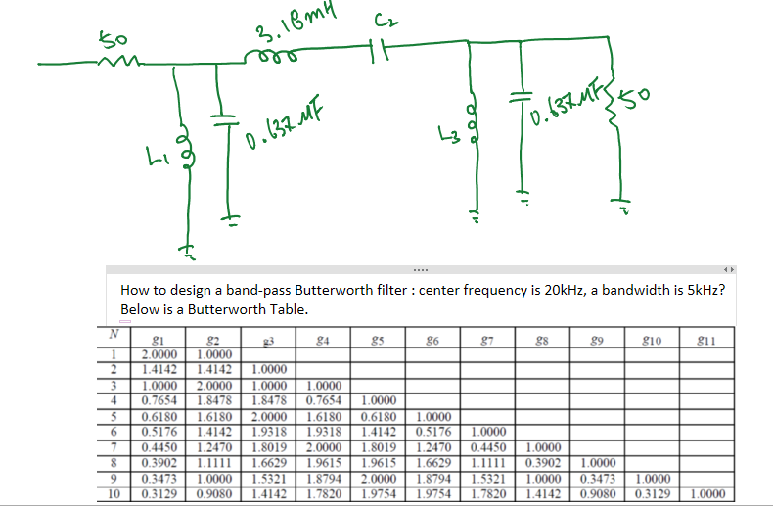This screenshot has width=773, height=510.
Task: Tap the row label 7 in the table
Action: tap(114, 446)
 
